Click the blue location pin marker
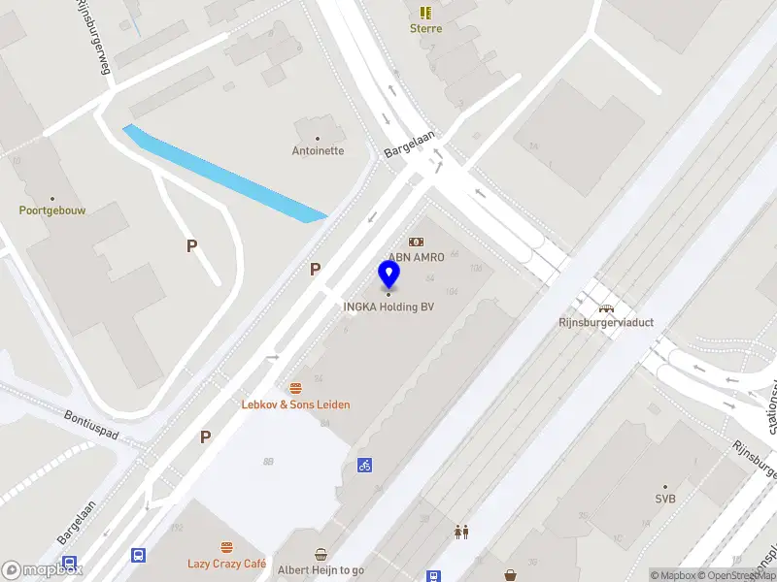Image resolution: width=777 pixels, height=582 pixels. click(x=388, y=275)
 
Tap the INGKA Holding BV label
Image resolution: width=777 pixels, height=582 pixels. click(x=388, y=307)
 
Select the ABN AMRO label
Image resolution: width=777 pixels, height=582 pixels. click(x=416, y=257)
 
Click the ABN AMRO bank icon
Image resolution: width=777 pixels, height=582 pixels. click(x=416, y=242)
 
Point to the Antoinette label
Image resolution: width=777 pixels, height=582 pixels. click(x=318, y=150)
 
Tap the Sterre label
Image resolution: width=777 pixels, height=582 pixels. click(x=425, y=28)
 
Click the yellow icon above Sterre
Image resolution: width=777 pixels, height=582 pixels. click(x=425, y=12)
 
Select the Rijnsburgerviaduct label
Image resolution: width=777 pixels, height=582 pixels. click(x=606, y=323)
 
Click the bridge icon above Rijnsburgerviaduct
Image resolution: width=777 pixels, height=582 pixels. click(x=606, y=307)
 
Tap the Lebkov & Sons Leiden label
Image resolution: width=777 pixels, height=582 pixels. click(x=295, y=404)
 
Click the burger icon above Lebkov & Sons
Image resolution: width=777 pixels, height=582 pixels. click(x=295, y=388)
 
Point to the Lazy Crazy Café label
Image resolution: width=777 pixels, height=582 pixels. click(x=227, y=564)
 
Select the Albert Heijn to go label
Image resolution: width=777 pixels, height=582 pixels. click(x=321, y=570)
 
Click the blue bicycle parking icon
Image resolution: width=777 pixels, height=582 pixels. click(x=365, y=465)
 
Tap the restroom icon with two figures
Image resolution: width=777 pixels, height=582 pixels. click(x=461, y=532)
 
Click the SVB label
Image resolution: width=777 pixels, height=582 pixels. click(x=665, y=499)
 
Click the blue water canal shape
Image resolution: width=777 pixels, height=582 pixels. click(x=223, y=175)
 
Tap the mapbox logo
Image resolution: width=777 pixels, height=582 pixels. click(x=43, y=570)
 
